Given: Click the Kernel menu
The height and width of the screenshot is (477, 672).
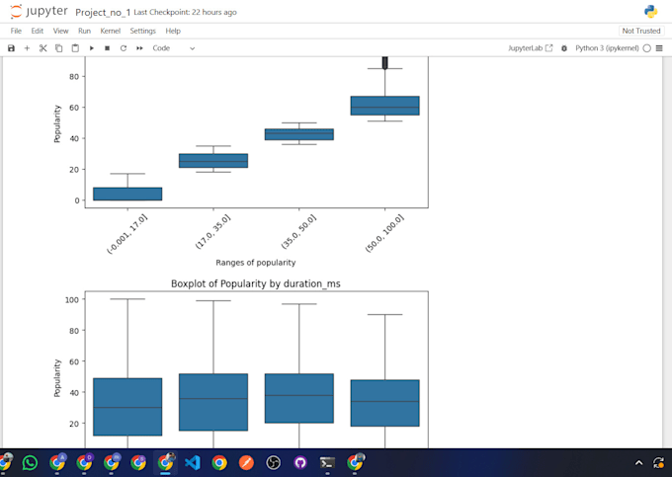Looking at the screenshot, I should pos(111,31).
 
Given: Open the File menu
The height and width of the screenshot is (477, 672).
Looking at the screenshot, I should pos(16,31).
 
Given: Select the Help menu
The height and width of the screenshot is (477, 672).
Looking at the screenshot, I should pos(173,31).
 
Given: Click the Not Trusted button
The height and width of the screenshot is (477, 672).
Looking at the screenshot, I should pos(641,31).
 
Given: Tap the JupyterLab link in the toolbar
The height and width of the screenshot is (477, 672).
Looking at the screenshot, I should pos(531,47).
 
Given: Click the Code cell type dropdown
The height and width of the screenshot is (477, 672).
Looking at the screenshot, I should pos(173,47).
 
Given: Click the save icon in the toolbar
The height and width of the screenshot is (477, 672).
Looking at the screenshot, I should pos(11,47).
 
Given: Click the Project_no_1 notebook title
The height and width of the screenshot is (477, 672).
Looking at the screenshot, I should pos(103,12).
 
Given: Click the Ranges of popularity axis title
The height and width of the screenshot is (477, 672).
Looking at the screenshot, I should pos(256,262).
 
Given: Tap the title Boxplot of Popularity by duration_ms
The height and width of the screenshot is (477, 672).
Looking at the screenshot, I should pos(256,283).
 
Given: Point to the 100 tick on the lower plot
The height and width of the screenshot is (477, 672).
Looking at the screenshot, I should pos(71,298).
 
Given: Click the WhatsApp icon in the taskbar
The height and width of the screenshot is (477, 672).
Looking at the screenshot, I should pos(30,461).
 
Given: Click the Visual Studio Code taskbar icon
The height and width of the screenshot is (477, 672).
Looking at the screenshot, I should pos(193,461).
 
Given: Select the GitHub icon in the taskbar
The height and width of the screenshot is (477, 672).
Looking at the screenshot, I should pos(300,461).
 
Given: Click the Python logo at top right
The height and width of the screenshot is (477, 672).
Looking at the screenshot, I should pos(651,12).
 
